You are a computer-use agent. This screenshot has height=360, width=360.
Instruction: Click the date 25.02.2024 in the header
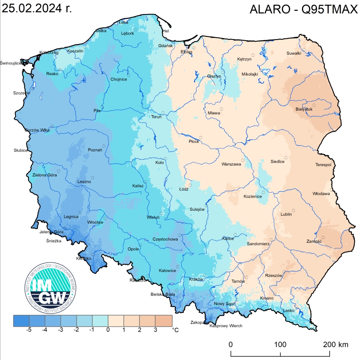click(x=37, y=9)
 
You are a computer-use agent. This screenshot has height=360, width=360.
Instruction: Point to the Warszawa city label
click(x=231, y=164)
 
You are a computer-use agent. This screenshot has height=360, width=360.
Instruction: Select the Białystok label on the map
click(x=304, y=109)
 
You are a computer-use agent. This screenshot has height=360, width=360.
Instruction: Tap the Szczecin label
click(x=22, y=93)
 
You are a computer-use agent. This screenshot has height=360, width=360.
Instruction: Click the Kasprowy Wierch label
click(x=226, y=326)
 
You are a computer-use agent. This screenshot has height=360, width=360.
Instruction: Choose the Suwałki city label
click(x=294, y=54)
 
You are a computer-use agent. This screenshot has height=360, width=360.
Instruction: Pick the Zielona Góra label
click(x=44, y=175)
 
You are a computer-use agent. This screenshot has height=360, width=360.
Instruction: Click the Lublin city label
click(x=286, y=214)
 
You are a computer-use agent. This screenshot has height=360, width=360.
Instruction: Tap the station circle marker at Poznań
click(x=104, y=146)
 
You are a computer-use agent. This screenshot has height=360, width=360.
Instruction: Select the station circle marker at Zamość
click(x=323, y=238)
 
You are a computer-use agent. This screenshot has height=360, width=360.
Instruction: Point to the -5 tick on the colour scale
click(x=29, y=330)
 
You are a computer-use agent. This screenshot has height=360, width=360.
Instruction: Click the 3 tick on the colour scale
click(x=156, y=330)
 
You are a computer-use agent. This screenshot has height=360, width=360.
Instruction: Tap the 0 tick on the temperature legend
click(x=108, y=330)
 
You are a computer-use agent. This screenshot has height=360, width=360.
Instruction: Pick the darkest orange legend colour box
click(x=164, y=320)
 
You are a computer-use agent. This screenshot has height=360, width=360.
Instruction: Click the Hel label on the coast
click(x=166, y=31)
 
